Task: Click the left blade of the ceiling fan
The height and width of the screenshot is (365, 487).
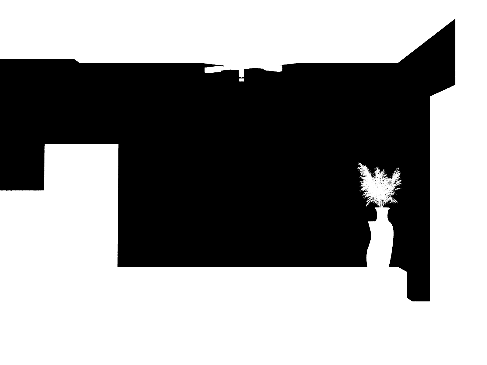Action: (x=213, y=70)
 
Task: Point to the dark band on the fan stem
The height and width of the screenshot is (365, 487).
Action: (x=241, y=78)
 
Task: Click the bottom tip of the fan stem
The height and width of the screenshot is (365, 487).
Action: (x=241, y=81)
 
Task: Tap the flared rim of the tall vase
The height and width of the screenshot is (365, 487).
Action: (x=382, y=209)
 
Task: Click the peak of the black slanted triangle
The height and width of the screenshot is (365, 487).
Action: (x=455, y=19)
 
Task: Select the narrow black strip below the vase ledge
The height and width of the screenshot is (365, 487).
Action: (x=419, y=286)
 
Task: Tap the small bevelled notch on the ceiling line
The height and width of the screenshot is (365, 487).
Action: (x=76, y=61)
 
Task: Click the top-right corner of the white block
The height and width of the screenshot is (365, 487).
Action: (x=118, y=145)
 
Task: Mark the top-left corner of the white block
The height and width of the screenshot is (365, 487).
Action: (x=45, y=145)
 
